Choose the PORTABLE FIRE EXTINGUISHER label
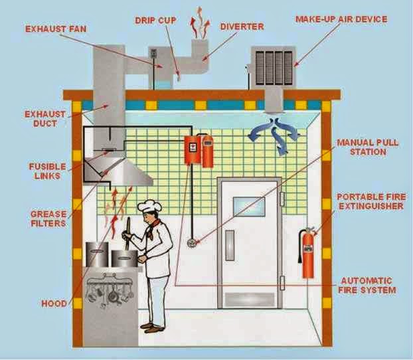coord(370,202)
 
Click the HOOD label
coord(53,304)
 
